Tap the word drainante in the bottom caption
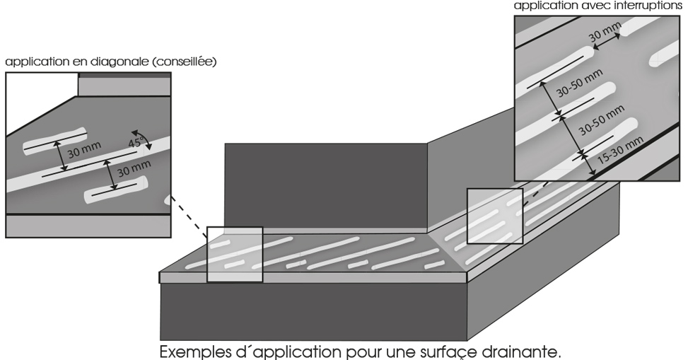coord(526,351)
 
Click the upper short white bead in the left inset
coord(55,140)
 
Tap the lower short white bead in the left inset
coord(115,190)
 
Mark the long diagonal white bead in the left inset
coord(85,169)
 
